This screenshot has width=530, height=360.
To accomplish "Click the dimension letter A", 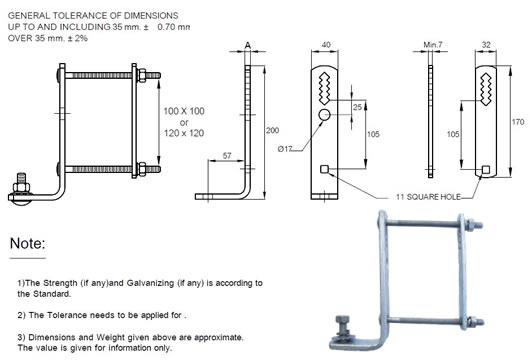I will [247, 45].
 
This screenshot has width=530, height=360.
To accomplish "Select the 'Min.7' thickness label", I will [433, 45].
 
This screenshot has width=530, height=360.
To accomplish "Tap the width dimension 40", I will [324, 45].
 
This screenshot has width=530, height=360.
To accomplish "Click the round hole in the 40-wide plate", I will [324, 117].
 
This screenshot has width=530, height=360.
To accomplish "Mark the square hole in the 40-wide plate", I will [324, 169].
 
